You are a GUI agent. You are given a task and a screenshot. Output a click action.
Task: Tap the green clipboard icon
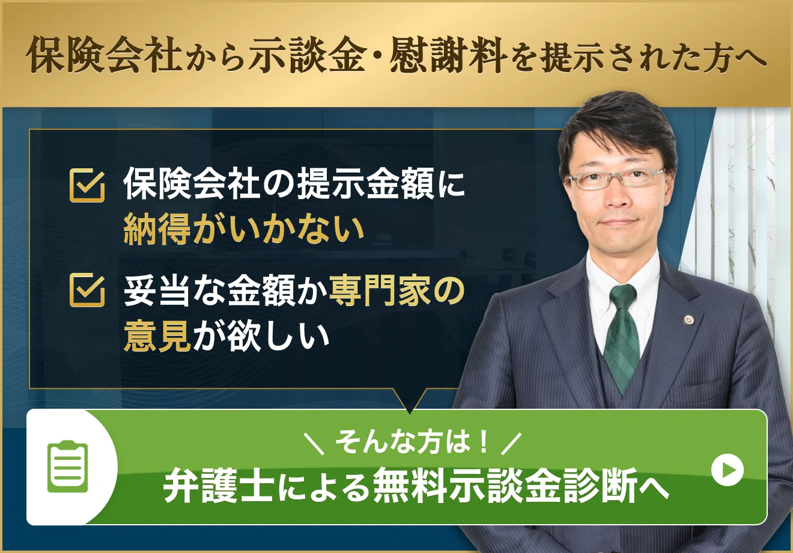pos(68,467)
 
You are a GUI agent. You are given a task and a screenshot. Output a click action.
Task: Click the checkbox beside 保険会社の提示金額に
pos(87,185)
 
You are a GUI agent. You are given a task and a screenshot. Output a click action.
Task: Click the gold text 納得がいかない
pos(244,229)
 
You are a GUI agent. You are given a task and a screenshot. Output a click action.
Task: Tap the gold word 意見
pos(157,335)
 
